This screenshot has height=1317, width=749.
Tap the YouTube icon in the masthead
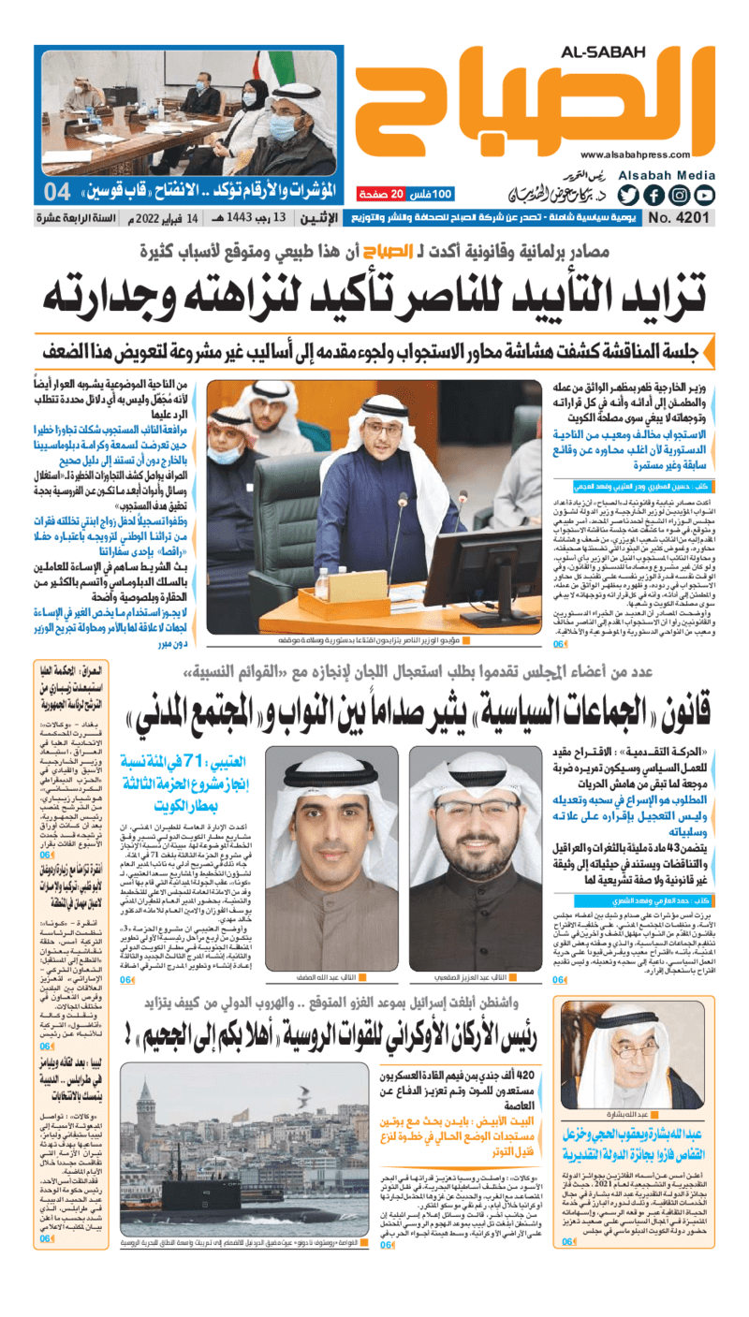coord(705,196)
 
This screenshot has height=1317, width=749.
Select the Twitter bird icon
coord(628,196)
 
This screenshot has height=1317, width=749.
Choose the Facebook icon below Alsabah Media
coord(654,196)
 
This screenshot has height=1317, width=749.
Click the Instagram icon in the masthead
coord(680,196)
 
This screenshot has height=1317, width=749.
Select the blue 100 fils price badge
coord(433,194)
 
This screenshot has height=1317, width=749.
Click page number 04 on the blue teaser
coord(57,193)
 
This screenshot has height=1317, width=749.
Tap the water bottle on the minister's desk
coord(322,585)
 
